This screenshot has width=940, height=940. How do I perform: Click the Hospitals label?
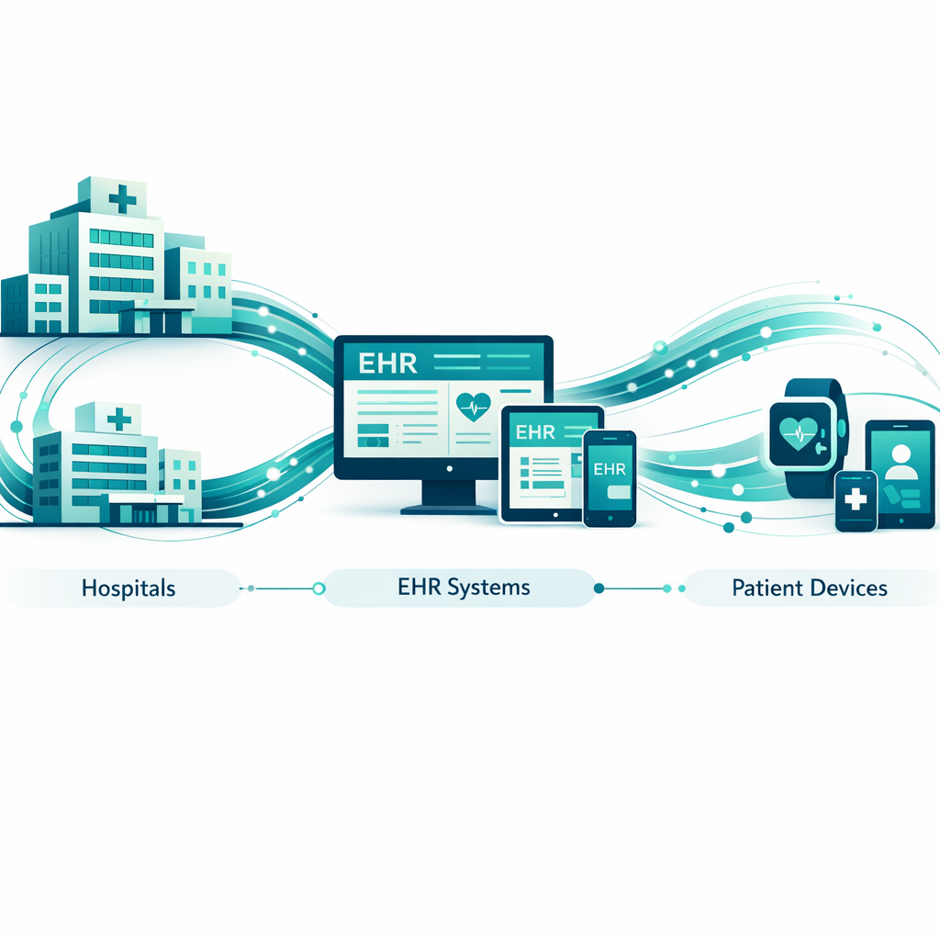click(129, 588)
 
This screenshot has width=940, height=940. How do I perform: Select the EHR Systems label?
click(464, 587)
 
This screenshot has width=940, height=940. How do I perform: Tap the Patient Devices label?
click(810, 588)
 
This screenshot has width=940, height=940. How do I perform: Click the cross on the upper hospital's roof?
click(123, 198)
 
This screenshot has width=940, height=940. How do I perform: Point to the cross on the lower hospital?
click(118, 419)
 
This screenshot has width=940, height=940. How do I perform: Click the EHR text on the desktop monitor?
click(387, 364)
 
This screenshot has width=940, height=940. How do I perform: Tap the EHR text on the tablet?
click(535, 432)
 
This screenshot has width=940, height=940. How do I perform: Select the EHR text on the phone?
click(610, 469)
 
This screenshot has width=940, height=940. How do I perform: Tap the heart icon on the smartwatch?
click(799, 433)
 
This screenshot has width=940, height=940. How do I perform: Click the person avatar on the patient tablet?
click(901, 463)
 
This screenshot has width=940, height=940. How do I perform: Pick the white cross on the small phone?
click(856, 498)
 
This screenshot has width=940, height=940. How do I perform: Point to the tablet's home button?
click(555, 515)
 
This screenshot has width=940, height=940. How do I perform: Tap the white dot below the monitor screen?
click(449, 469)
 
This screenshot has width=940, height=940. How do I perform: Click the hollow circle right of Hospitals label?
click(319, 588)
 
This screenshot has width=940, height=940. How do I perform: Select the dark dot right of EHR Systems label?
click(599, 588)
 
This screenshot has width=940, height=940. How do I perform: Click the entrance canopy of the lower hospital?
click(146, 499)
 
